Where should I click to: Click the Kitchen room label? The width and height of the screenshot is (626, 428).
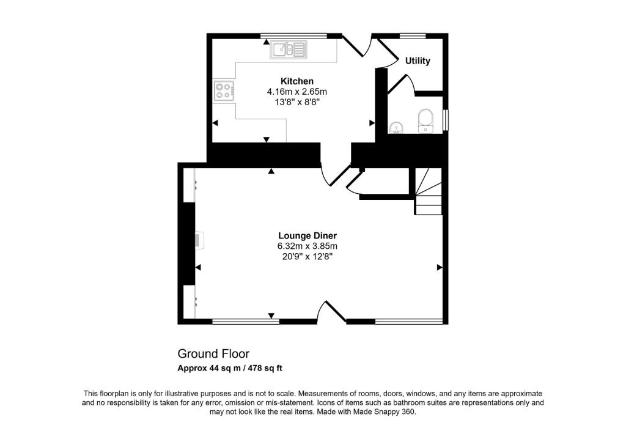(297, 81)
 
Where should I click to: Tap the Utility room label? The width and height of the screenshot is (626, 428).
(418, 61)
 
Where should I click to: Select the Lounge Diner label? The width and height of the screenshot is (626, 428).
(307, 235)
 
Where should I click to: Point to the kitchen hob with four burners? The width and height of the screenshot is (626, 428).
(223, 91)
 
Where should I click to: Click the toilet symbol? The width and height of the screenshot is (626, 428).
(425, 120)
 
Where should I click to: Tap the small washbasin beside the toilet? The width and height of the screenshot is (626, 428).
(396, 127)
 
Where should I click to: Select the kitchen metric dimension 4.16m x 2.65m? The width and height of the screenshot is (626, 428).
(297, 92)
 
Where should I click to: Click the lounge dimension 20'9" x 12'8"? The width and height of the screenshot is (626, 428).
(307, 256)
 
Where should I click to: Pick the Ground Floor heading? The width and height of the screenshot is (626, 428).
(213, 353)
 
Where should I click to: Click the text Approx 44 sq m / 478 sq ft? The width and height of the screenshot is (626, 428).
(230, 368)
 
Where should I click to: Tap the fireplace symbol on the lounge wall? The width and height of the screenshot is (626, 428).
(199, 239)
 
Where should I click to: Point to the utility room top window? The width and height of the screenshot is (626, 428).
(413, 35)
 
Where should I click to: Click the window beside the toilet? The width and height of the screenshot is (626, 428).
(446, 120)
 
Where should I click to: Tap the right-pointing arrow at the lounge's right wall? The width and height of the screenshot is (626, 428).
(439, 267)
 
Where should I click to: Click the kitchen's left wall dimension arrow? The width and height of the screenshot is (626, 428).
(215, 124)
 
